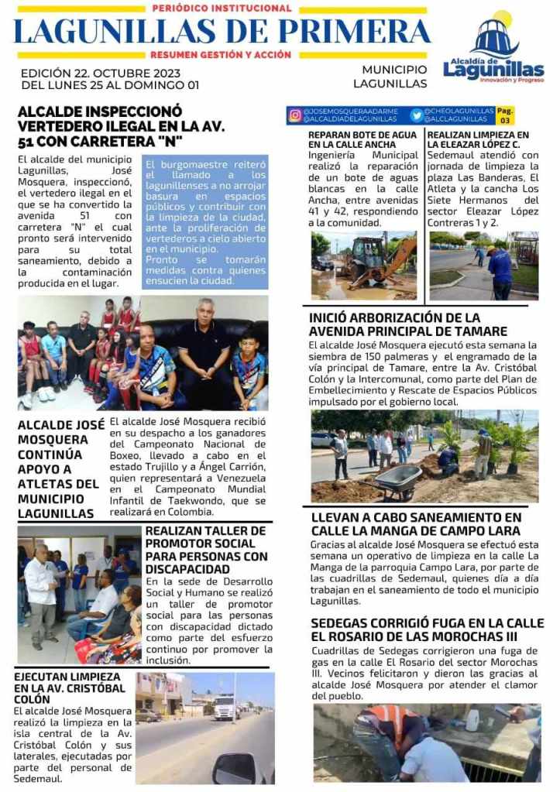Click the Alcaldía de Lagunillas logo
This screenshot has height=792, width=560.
pos(493,50)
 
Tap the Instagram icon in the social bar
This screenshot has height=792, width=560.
pos(295,115)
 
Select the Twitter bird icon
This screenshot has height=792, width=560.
pos(417,115)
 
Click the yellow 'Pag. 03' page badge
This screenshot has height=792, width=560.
pos(504,115)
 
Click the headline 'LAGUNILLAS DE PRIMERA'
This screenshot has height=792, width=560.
pos(222,31)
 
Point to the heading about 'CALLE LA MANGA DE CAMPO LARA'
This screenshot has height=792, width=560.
pos(416,524)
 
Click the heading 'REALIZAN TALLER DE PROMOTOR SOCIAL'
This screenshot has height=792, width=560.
pos(206,550)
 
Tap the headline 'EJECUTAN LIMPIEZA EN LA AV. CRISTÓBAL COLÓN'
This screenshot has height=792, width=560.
pos(70,687)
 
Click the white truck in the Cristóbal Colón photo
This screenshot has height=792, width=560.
pos(224,705)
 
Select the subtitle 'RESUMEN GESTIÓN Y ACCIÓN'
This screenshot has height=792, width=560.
pos(221,55)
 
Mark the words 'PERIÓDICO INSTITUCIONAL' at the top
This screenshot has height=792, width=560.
pos(222,9)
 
